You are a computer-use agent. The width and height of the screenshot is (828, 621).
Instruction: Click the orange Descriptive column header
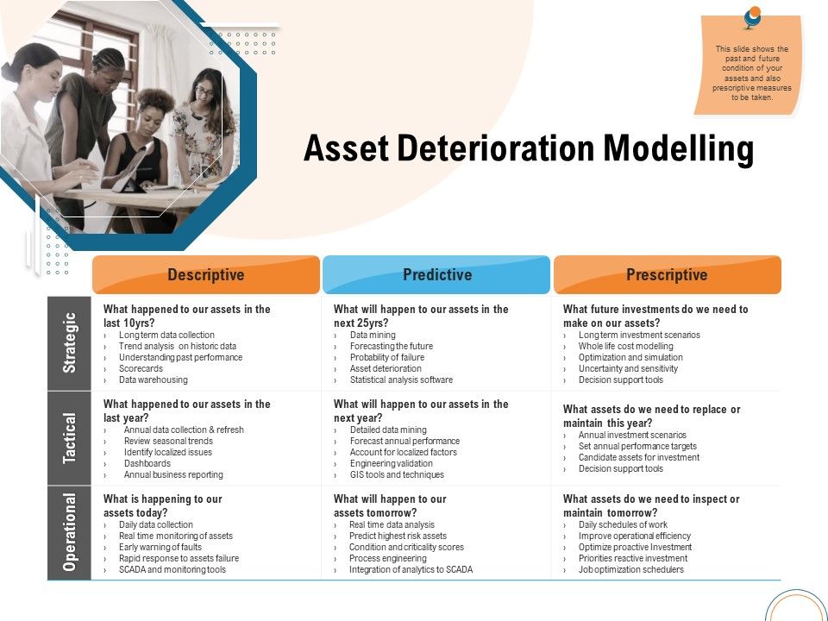[x=205, y=275]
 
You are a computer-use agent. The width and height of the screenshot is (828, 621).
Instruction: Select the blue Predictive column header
[x=436, y=275]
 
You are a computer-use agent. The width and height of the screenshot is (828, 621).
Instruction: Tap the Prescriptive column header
[x=667, y=275]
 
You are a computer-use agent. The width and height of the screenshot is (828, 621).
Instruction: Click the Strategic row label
[x=70, y=343]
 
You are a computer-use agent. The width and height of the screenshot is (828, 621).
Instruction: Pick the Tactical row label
[x=70, y=438]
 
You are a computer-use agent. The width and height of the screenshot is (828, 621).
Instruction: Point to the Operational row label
[x=70, y=532]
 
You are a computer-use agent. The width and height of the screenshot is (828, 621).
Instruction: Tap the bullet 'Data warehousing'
[x=153, y=379]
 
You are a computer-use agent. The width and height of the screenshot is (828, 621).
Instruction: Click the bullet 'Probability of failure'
[x=386, y=357]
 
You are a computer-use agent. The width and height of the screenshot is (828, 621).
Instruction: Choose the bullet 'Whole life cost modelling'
[x=625, y=346]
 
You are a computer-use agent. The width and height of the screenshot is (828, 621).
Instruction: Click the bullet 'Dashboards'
[x=147, y=463]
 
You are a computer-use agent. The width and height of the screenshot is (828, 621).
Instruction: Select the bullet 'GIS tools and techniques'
[x=397, y=474]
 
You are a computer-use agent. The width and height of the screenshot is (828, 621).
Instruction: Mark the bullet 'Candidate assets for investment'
[x=638, y=457]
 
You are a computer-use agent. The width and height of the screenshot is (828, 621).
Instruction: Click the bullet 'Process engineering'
[x=387, y=558]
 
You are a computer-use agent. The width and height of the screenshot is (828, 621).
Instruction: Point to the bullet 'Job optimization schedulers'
[x=630, y=569]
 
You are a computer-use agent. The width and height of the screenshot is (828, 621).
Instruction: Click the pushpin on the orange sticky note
[x=752, y=16]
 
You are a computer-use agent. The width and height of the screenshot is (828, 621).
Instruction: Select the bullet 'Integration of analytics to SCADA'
[x=411, y=569]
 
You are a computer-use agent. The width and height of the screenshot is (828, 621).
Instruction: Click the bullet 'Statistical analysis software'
[x=400, y=379]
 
